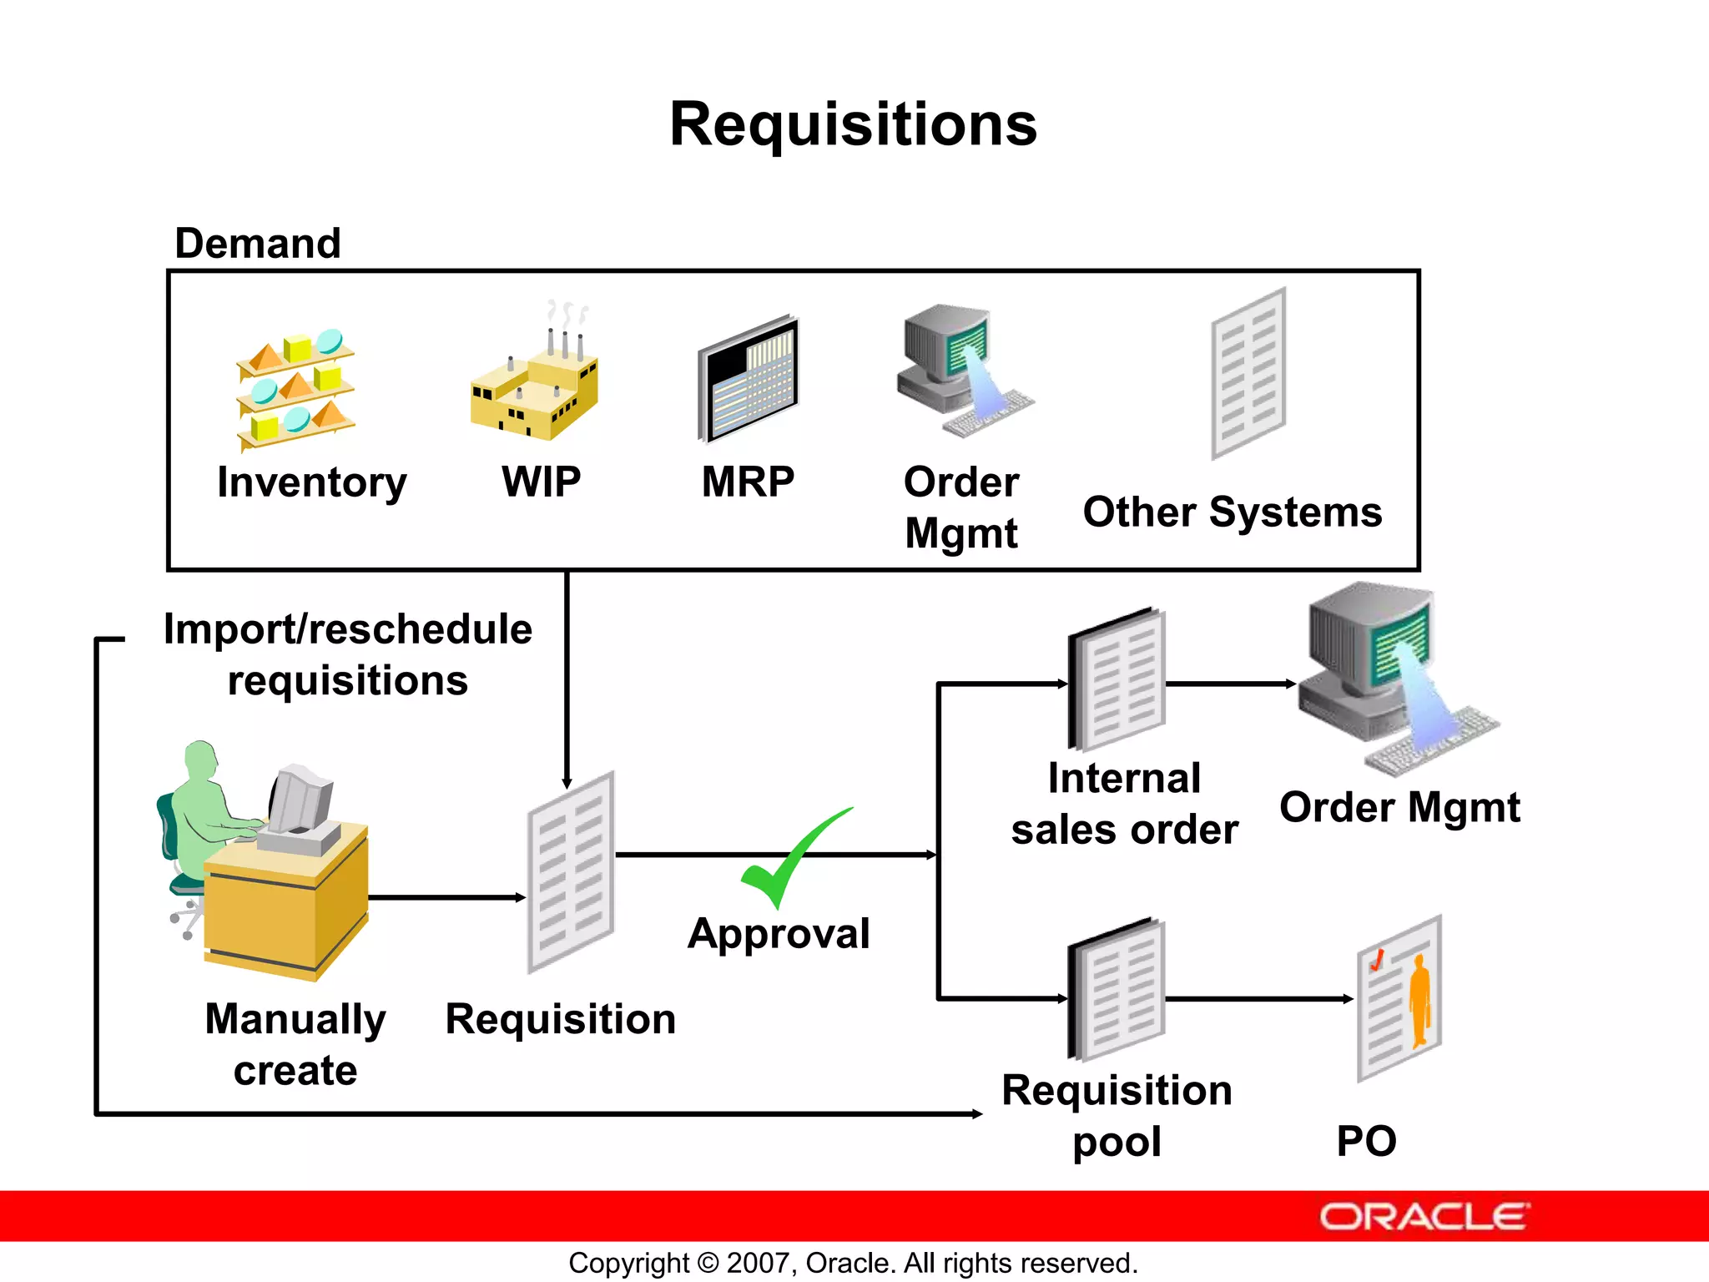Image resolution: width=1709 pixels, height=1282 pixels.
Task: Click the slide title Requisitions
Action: click(x=853, y=125)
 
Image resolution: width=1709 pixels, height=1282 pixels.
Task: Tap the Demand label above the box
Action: click(x=258, y=244)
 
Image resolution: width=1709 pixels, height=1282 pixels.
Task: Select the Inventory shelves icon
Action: click(x=296, y=389)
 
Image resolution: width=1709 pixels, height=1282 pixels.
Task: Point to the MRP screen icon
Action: click(x=749, y=381)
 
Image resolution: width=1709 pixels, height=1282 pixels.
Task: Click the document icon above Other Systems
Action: click(x=1248, y=374)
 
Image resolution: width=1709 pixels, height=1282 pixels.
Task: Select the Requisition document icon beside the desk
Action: click(x=572, y=872)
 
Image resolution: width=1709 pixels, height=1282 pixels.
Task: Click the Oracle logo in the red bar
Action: click(x=1424, y=1217)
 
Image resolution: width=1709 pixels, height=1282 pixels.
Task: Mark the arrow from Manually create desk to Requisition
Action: click(x=446, y=897)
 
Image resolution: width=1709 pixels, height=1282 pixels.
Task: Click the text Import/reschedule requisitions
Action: click(x=348, y=654)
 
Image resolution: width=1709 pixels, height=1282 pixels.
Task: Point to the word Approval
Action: click(x=778, y=934)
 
